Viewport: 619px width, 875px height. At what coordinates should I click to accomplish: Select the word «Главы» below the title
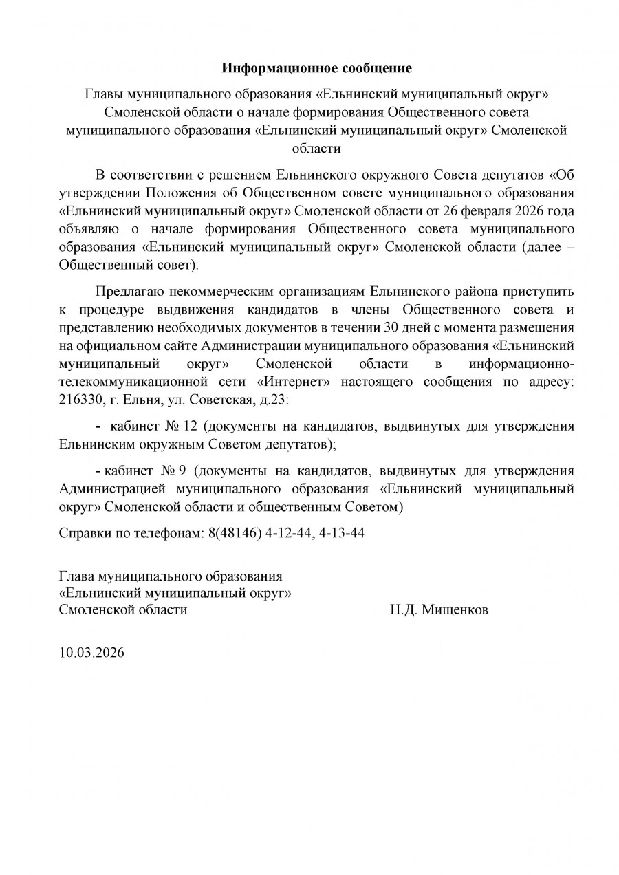pyautogui.click(x=102, y=93)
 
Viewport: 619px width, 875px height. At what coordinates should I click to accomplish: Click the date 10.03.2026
pyautogui.click(x=91, y=652)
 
